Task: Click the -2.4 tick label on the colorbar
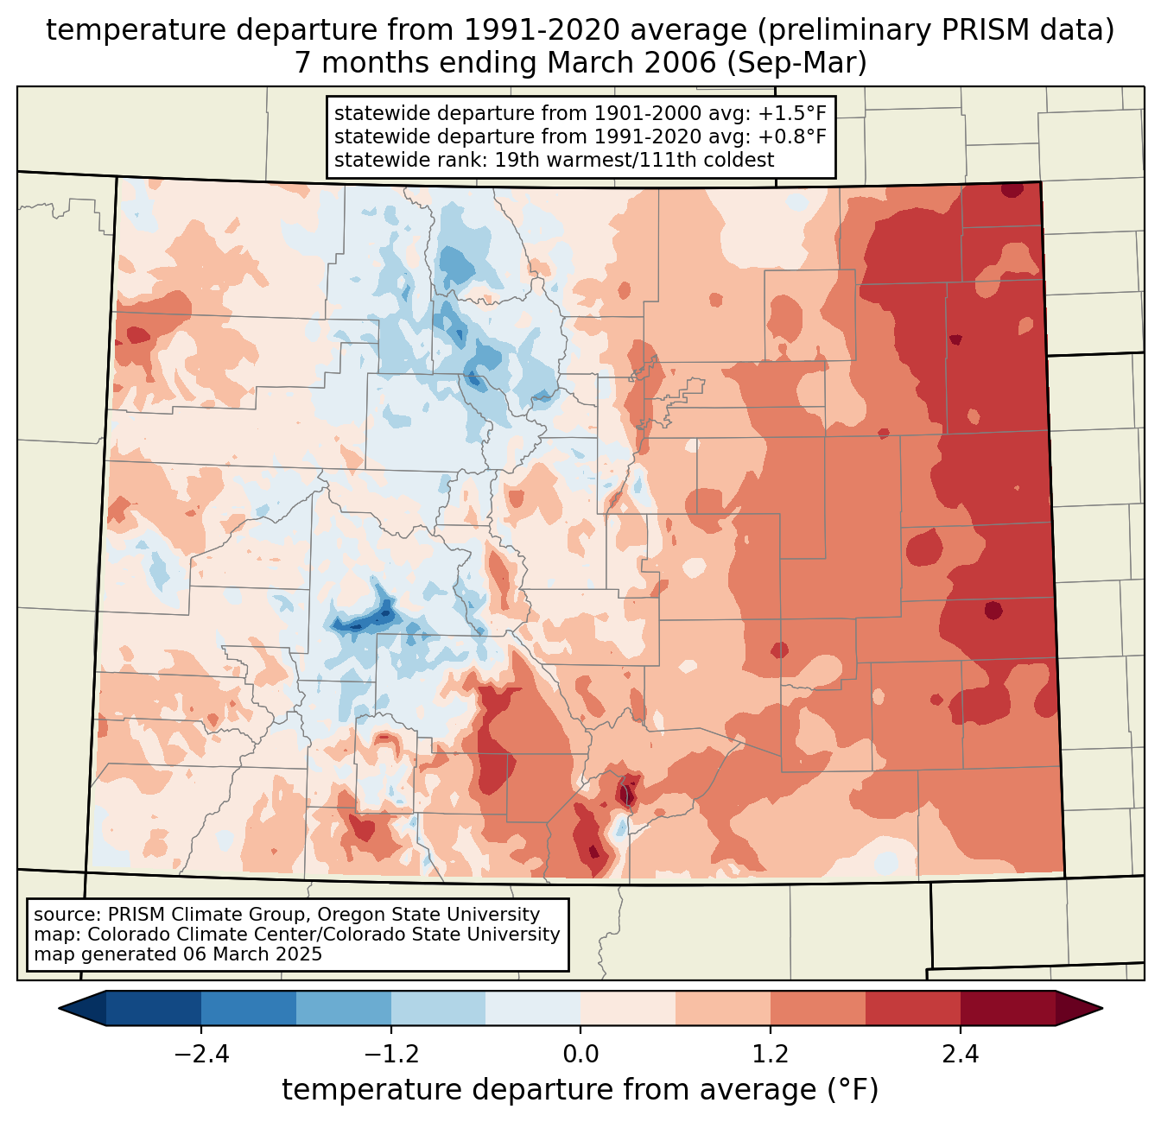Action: (201, 1055)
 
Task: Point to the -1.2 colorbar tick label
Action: (391, 1055)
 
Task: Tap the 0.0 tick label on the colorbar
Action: (580, 1055)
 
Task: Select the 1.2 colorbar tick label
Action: (771, 1055)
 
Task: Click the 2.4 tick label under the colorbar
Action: (960, 1055)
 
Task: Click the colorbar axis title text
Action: (580, 1090)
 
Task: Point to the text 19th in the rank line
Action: (515, 160)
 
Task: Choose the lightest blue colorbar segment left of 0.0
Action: (533, 1008)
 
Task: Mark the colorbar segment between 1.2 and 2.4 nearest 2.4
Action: (912, 1008)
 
